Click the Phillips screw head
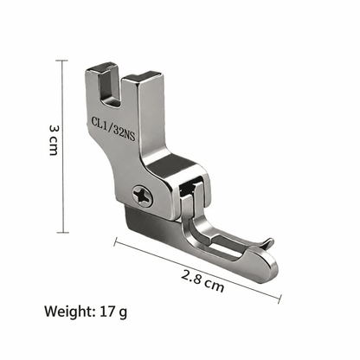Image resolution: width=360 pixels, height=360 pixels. point(143,196)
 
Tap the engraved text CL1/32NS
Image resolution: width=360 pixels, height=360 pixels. point(113,128)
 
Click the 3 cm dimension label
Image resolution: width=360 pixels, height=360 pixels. point(54,140)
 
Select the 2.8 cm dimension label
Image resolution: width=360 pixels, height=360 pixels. point(202,281)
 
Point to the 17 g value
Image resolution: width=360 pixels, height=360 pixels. point(113,312)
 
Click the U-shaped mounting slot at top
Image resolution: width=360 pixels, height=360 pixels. point(110,87)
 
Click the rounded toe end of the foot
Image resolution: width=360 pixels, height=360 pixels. point(267,266)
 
